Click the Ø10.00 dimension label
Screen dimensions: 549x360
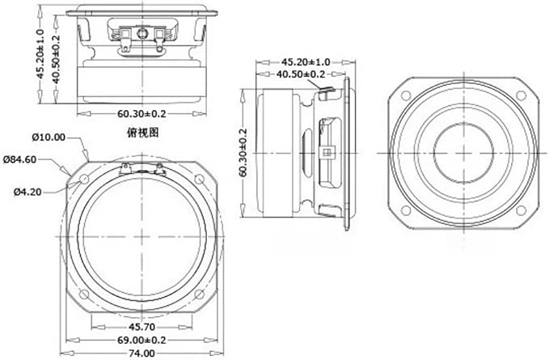tap(49, 138)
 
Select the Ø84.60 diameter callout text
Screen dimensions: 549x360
tap(19, 159)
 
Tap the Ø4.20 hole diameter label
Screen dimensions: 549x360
tap(27, 192)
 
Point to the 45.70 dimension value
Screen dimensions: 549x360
tap(141, 327)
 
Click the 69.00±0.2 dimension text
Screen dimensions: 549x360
tap(141, 340)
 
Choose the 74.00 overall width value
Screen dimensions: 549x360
tap(141, 354)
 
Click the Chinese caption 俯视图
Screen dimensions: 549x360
tap(142, 133)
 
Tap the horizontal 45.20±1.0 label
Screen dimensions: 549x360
tap(306, 62)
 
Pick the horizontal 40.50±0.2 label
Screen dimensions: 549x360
tap(301, 74)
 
